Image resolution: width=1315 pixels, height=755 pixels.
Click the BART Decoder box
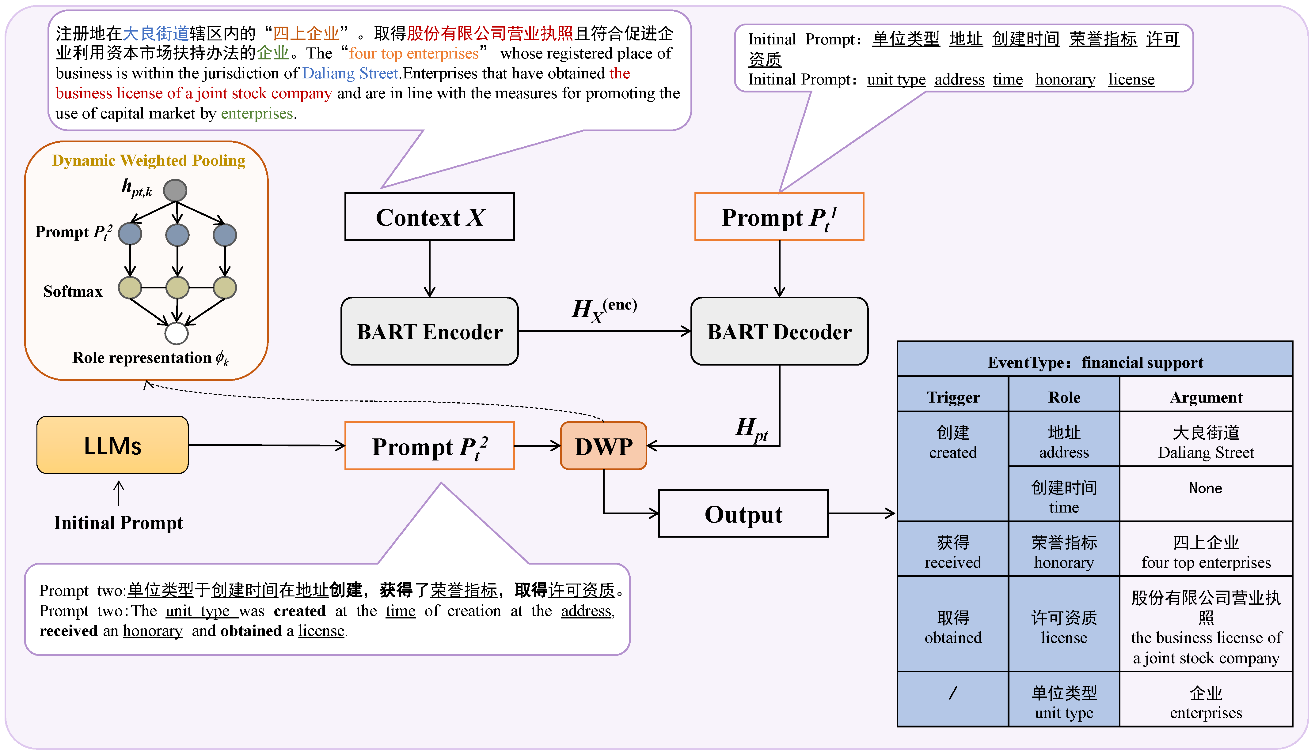[779, 331]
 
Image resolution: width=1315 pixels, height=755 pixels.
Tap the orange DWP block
[603, 446]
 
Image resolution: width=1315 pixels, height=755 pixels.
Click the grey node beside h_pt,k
[175, 190]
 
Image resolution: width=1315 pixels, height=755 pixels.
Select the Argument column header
[1206, 397]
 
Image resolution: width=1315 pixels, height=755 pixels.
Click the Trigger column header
[953, 397]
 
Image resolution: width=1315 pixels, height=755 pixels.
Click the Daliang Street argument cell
[1206, 442]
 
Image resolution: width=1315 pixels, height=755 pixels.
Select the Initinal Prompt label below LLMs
[118, 522]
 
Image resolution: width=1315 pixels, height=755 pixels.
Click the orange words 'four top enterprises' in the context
[414, 53]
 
